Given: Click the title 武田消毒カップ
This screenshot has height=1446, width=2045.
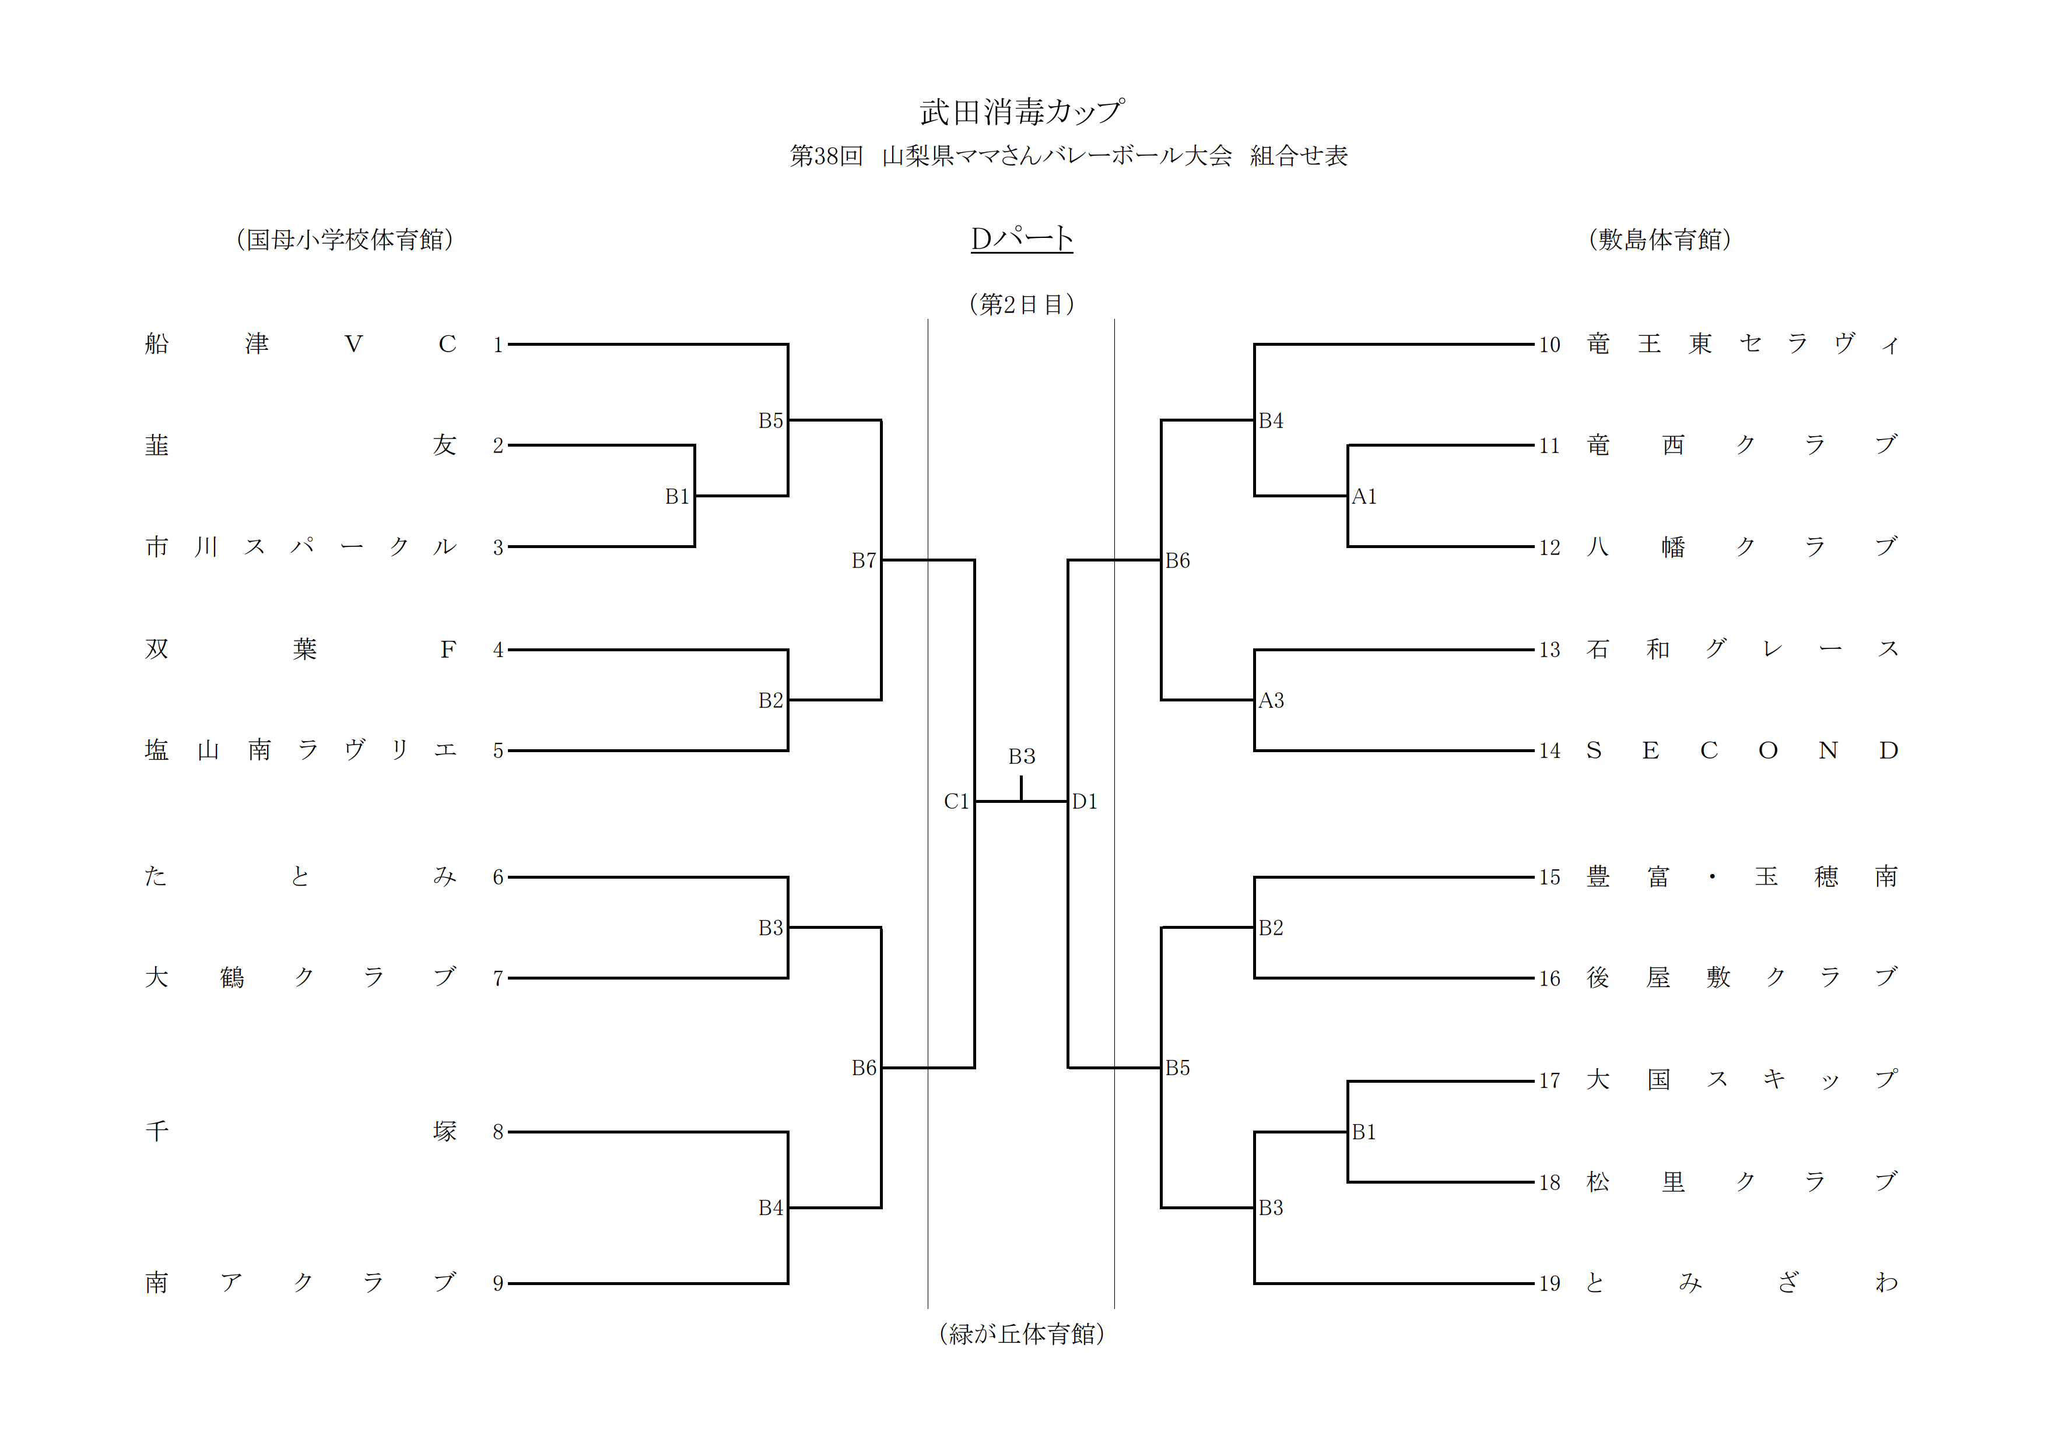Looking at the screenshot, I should pyautogui.click(x=1022, y=112).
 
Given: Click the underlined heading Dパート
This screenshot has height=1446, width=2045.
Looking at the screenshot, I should pyautogui.click(x=1022, y=238).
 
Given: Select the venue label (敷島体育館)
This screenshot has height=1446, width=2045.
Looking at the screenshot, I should pyautogui.click(x=1660, y=240).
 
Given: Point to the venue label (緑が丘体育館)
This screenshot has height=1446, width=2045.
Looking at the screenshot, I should pyautogui.click(x=1022, y=1333).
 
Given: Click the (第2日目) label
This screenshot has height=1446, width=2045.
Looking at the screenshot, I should pyautogui.click(x=1022, y=304).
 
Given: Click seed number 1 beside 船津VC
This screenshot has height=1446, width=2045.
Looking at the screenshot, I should pyautogui.click(x=498, y=345).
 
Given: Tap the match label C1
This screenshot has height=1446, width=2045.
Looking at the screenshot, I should pyautogui.click(x=956, y=801).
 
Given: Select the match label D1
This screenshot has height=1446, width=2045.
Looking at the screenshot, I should pyautogui.click(x=1085, y=801).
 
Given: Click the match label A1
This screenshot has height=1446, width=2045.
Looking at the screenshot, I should pyautogui.click(x=1364, y=497).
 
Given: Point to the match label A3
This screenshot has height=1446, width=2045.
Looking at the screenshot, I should pyautogui.click(x=1271, y=701).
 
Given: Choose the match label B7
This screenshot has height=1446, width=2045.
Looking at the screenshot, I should pyautogui.click(x=864, y=561).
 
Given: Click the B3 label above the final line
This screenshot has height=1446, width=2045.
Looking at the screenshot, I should pyautogui.click(x=1022, y=756).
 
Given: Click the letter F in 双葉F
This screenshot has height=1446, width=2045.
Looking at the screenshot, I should pyautogui.click(x=447, y=649).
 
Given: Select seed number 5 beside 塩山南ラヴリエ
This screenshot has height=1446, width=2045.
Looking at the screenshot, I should pyautogui.click(x=498, y=750).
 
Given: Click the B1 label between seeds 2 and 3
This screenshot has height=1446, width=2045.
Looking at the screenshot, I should pyautogui.click(x=677, y=497).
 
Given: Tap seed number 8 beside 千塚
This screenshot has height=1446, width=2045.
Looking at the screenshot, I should pyautogui.click(x=498, y=1132).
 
